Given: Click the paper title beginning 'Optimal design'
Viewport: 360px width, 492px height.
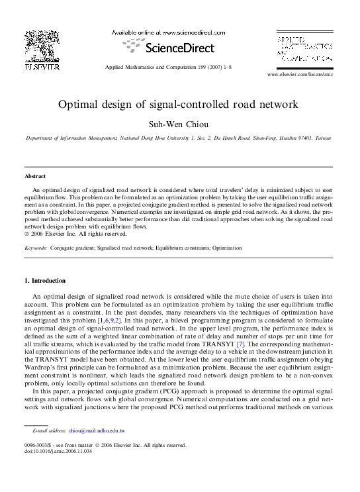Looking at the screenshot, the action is pyautogui.click(x=179, y=104).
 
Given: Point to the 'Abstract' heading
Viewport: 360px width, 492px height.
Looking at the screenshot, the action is pyautogui.click(x=34, y=177).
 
